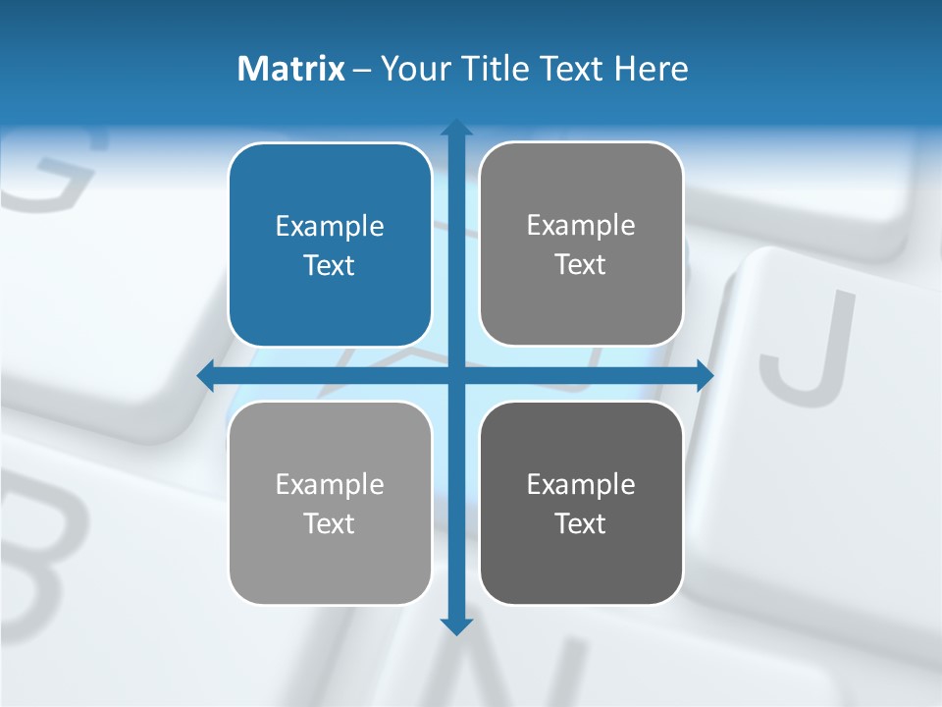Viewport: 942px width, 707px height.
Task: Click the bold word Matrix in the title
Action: [291, 69]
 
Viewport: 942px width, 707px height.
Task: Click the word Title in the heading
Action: [494, 69]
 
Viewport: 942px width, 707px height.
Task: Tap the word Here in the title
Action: [652, 69]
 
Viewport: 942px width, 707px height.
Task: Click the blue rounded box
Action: [330, 245]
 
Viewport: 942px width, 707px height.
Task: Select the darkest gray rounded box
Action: [581, 503]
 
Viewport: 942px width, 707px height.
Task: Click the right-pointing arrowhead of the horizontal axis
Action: [705, 375]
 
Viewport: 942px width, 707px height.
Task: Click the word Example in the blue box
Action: [330, 227]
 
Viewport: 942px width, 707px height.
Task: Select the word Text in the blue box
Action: [330, 265]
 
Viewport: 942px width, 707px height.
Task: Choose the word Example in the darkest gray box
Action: [581, 484]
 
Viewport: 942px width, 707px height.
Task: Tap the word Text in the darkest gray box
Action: [581, 523]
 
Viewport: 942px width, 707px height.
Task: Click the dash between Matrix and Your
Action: [362, 70]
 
